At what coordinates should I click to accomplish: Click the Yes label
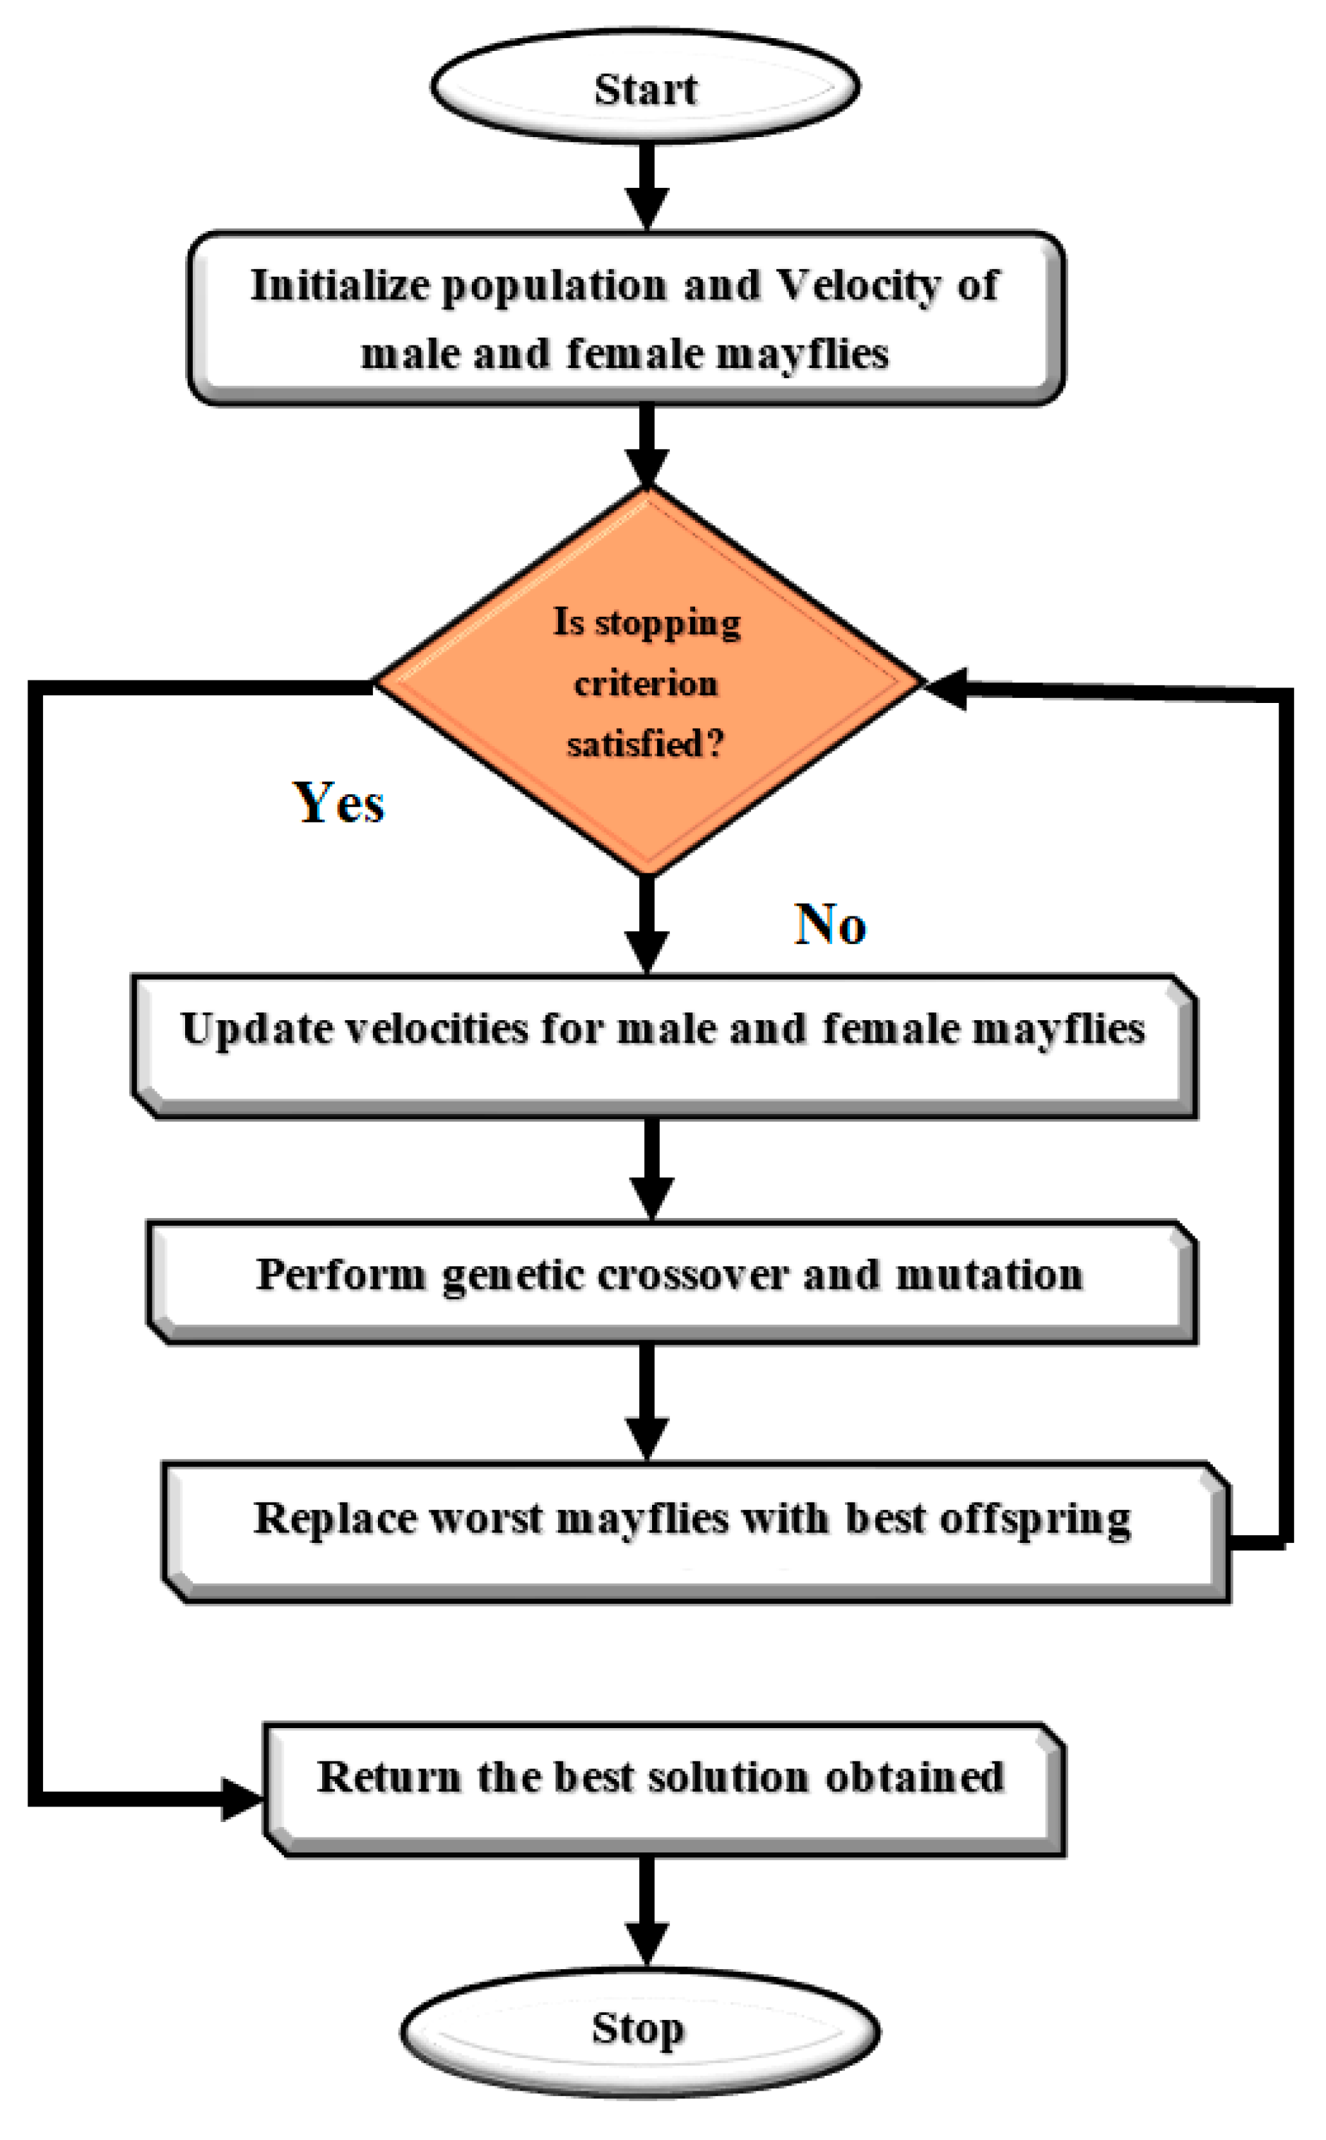(338, 803)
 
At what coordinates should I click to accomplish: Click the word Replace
(334, 1518)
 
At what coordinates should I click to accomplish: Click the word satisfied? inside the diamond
(646, 745)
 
